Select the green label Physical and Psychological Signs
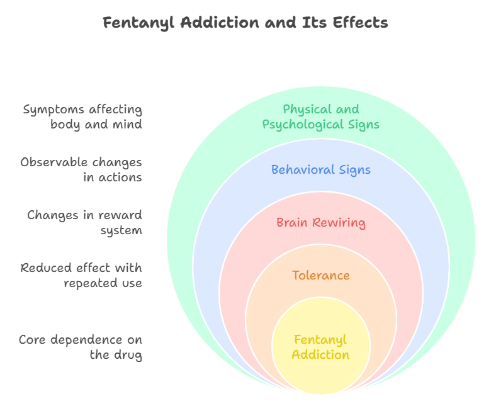(321, 117)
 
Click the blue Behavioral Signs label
(321, 170)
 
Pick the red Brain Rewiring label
(321, 223)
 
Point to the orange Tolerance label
(321, 276)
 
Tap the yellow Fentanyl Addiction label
(321, 347)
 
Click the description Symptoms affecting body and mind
(82, 117)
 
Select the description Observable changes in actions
(81, 170)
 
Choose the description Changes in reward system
(84, 223)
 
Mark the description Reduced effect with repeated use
(81, 276)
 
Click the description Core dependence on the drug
(81, 347)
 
